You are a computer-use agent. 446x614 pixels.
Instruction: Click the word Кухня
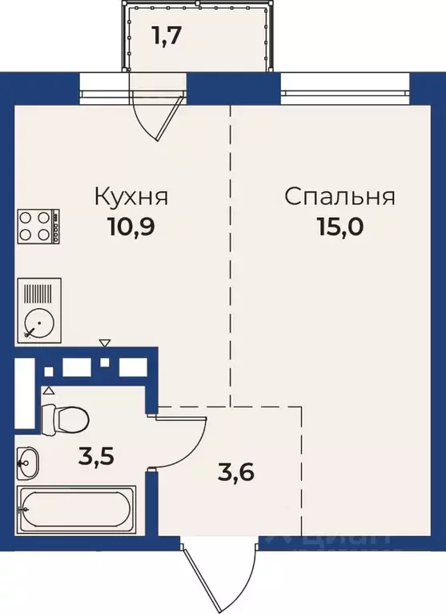pyautogui.click(x=131, y=196)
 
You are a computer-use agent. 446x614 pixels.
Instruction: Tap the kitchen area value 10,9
pyautogui.click(x=131, y=227)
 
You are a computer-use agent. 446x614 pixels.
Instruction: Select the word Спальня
pyautogui.click(x=340, y=196)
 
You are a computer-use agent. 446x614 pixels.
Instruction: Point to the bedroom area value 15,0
pyautogui.click(x=340, y=227)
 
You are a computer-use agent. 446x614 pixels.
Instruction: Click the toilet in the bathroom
pyautogui.click(x=64, y=417)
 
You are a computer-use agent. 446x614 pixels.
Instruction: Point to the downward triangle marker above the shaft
pyautogui.click(x=104, y=343)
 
